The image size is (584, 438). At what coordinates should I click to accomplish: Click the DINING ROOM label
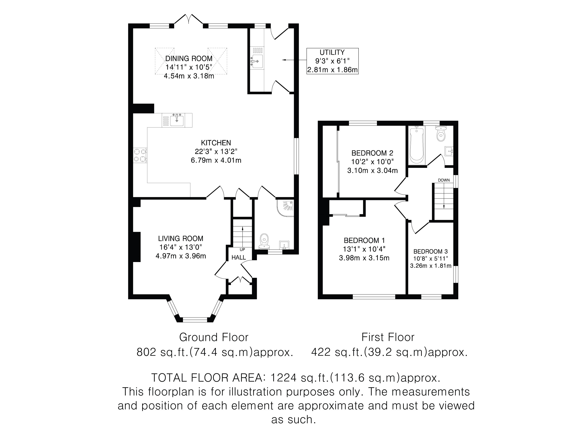coord(189,58)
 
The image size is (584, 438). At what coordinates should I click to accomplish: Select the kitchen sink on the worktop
coord(177,120)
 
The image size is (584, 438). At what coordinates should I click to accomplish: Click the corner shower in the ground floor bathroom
coord(285,208)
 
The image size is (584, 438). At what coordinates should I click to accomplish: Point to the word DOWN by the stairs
coord(444,180)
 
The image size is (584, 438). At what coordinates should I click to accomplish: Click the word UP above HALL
coord(242,249)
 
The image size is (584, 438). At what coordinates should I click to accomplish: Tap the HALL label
coord(239,257)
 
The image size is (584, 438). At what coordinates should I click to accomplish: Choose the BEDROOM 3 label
coord(431,252)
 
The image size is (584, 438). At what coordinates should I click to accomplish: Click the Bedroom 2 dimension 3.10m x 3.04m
coord(372,171)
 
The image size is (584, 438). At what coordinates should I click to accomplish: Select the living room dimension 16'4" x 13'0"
coord(181,247)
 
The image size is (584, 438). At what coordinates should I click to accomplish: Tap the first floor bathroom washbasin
coord(449,151)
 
